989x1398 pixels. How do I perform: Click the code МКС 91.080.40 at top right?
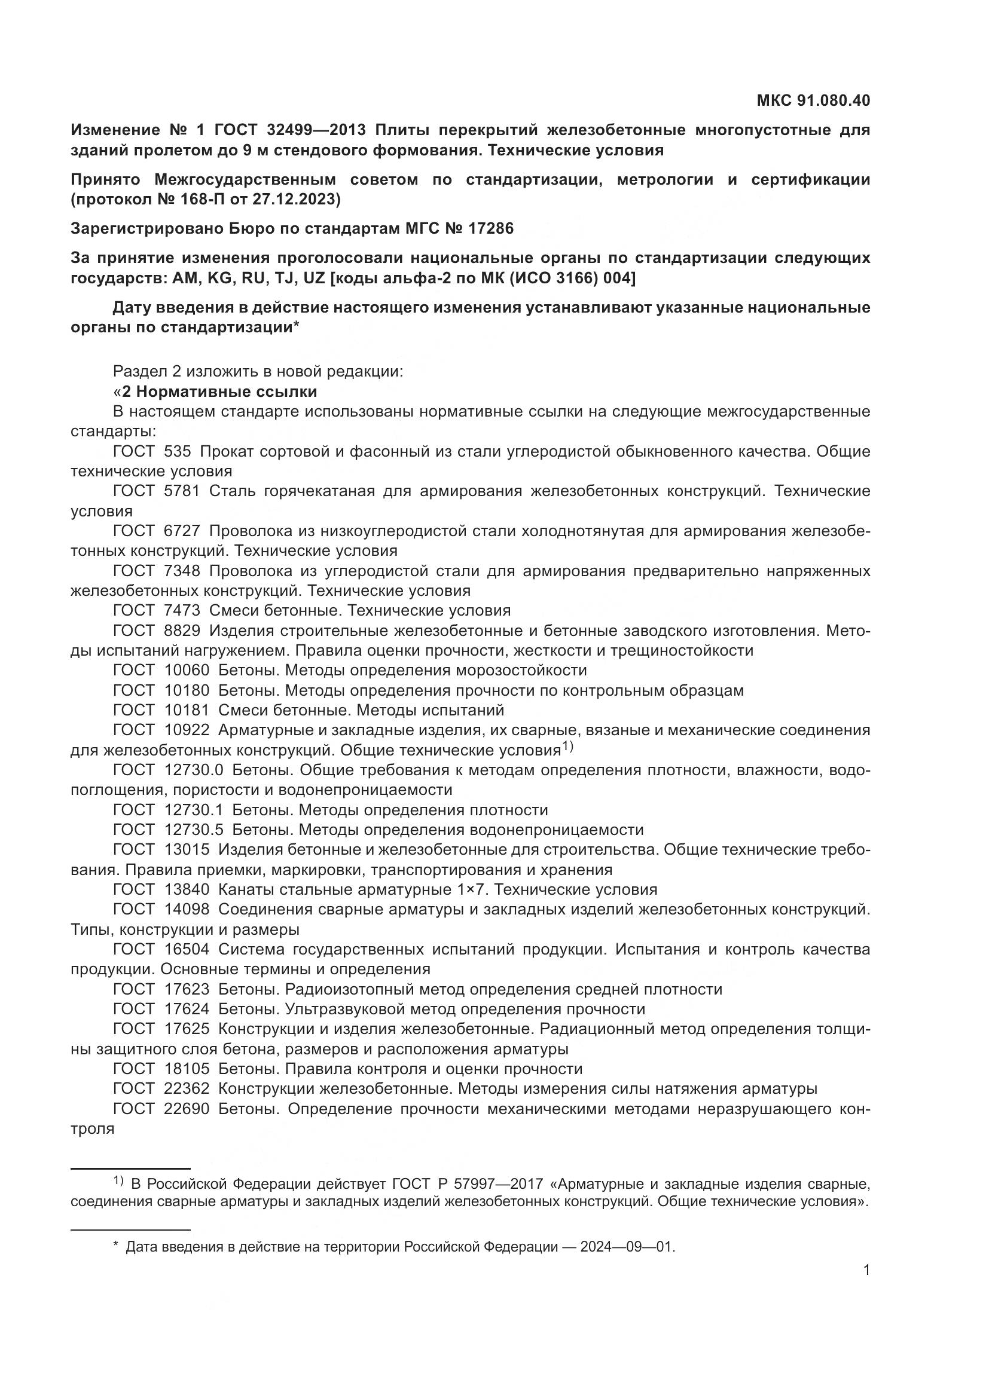(813, 100)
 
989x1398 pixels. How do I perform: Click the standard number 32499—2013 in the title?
(316, 130)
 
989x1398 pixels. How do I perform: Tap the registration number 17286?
(491, 228)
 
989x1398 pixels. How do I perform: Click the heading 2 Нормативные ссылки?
(219, 391)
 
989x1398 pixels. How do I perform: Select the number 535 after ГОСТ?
(177, 451)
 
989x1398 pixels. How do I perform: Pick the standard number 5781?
(182, 491)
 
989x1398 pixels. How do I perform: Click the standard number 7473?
(182, 610)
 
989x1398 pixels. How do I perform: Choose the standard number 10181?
(187, 710)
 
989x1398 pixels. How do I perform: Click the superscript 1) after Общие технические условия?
(567, 746)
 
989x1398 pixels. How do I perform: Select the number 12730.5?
(194, 830)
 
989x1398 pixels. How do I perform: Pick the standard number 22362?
(187, 1088)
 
